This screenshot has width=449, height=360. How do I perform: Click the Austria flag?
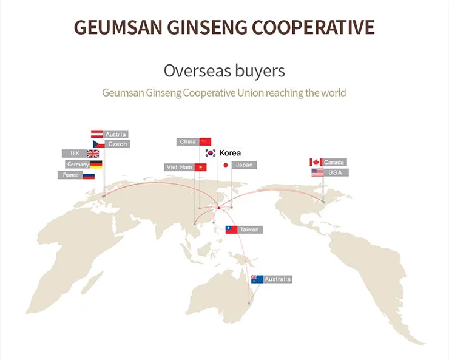tap(97, 134)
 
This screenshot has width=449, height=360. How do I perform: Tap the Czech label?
tap(117, 144)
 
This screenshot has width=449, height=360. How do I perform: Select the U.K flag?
tap(93, 154)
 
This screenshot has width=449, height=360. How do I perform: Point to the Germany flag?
tap(96, 165)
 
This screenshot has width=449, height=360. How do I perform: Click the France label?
tap(70, 175)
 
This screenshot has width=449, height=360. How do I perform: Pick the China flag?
tap(205, 142)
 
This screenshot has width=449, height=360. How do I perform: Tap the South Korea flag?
tap(211, 153)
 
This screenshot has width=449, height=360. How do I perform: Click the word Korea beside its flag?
tap(230, 153)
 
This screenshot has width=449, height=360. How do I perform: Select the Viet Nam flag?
tap(200, 167)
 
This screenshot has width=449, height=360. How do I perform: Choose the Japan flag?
tap(225, 165)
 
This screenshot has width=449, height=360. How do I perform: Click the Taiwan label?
tap(249, 229)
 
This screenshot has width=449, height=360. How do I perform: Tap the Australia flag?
tap(257, 279)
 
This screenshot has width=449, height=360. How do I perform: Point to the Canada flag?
tap(316, 162)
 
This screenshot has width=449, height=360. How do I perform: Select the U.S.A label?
tap(335, 172)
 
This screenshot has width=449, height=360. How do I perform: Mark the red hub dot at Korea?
tap(219, 208)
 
